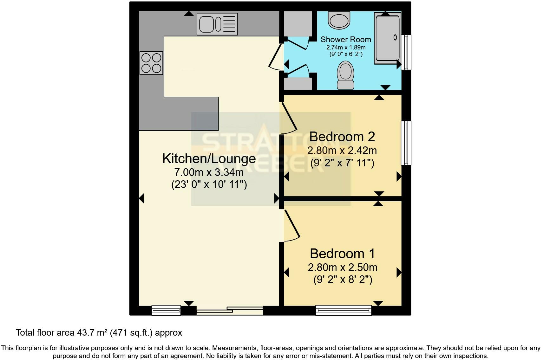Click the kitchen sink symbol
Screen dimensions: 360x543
point(217,24)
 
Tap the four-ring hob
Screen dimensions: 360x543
point(151,63)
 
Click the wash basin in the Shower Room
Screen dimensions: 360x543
point(339,20)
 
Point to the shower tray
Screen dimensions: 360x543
point(388,37)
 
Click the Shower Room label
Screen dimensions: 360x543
point(345,40)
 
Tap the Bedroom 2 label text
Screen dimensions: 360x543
point(342,137)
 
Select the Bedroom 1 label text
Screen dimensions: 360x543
point(342,254)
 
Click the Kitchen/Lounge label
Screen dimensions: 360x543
point(209,158)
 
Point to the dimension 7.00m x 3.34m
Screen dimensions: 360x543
point(209,172)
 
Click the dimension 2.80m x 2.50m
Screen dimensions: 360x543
point(343,267)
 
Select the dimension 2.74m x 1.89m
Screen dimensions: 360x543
point(346,48)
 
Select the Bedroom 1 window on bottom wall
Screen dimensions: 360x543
point(343,310)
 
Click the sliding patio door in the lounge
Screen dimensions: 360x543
point(230,310)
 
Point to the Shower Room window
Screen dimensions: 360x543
point(406,52)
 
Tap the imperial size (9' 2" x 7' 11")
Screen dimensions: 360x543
point(342,163)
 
